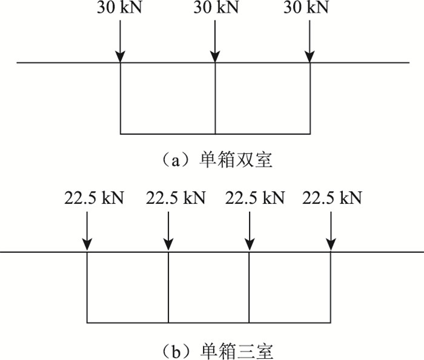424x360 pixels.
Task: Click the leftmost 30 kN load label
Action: tap(121, 8)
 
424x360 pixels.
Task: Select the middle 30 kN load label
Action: tap(215, 8)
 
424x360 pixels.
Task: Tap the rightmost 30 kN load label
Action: tap(310, 8)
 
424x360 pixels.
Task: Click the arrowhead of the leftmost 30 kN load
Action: tap(121, 57)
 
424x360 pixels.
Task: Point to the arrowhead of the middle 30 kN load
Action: tap(215, 57)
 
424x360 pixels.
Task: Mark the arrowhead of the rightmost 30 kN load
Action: tap(310, 57)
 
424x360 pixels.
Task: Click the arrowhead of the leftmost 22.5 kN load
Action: tap(87, 245)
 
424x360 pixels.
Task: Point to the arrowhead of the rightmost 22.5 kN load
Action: tap(331, 245)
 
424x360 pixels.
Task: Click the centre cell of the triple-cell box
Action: tap(209, 287)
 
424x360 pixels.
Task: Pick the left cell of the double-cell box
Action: tap(168, 98)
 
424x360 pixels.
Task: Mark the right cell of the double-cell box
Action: tap(262, 98)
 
